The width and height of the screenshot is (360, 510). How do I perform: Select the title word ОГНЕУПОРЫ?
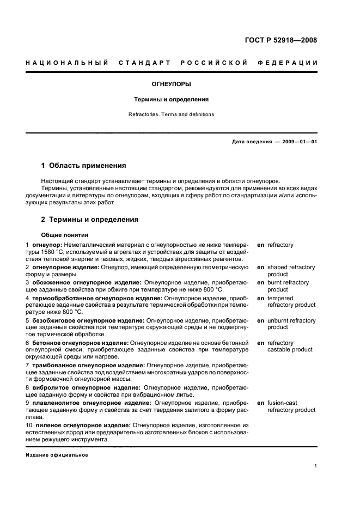coord(171,84)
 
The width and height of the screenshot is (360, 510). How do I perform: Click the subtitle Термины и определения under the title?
coord(171,100)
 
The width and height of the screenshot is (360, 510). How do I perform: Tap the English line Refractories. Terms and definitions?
coord(171,114)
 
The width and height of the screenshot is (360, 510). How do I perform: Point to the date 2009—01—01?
coord(297,142)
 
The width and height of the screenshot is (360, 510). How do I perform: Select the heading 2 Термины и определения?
coord(90,220)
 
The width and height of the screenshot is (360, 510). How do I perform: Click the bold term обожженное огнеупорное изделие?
coord(86,283)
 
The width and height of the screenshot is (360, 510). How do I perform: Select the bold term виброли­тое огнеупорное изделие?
coord(86,388)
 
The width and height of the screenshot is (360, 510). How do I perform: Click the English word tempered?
coord(280,299)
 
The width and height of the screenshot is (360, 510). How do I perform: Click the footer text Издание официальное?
coord(57,454)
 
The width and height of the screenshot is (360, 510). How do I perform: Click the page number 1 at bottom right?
coord(315,466)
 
